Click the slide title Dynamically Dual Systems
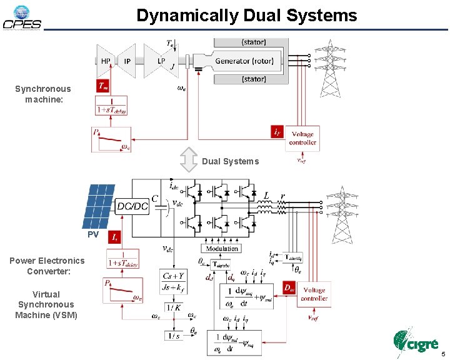(247, 15)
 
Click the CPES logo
(22, 18)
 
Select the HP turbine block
(106, 61)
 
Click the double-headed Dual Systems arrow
(189, 160)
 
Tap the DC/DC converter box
(132, 206)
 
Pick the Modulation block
(222, 248)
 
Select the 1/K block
(172, 306)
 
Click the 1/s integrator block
(172, 336)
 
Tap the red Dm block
(289, 288)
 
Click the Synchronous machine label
(43, 94)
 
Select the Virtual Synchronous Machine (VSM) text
(46, 304)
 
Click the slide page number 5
(441, 354)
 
